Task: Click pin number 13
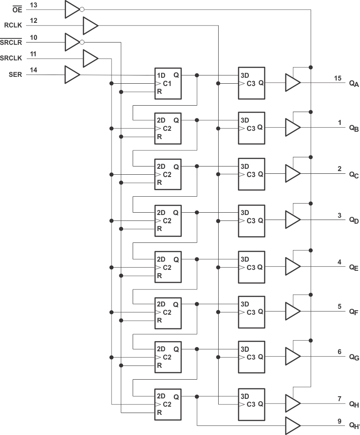(x=33, y=5)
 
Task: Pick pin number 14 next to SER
(x=33, y=70)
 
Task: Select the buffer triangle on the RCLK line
(x=90, y=26)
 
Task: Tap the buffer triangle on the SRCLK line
(x=90, y=59)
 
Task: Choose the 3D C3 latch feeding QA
(x=251, y=83)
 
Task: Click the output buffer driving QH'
(x=292, y=425)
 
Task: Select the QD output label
(x=354, y=220)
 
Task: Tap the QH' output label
(x=354, y=425)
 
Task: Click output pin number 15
(x=338, y=78)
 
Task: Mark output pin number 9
(x=339, y=420)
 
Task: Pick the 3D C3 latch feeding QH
(x=251, y=403)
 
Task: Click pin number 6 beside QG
(x=339, y=352)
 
